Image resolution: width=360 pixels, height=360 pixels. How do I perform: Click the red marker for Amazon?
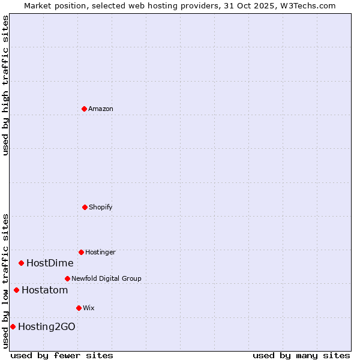84,109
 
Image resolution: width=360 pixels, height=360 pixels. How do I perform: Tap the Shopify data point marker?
85,207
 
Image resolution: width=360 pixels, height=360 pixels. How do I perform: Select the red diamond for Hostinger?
81,252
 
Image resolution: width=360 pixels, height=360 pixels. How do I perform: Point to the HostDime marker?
21,263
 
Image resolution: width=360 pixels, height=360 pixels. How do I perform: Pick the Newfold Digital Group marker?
67,278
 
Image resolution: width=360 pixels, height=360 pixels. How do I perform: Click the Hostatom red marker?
16,290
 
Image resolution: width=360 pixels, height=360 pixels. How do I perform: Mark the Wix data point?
79,308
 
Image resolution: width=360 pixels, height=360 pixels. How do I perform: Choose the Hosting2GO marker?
13,326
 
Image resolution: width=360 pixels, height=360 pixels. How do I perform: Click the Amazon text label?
101,109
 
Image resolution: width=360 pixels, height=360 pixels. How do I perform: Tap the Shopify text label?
101,207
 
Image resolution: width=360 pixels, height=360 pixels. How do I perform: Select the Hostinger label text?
100,252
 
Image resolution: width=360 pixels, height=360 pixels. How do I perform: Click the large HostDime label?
50,263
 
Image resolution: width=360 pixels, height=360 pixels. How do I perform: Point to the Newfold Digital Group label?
106,278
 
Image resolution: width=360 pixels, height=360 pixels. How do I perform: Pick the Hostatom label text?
44,290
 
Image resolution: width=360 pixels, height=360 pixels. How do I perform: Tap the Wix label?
89,308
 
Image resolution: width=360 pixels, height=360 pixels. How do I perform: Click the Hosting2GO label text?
47,326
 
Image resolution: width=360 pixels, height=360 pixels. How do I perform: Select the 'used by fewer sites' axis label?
62,355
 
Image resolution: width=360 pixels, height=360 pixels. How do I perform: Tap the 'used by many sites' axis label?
301,355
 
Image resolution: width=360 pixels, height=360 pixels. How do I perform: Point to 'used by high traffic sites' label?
5,85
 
